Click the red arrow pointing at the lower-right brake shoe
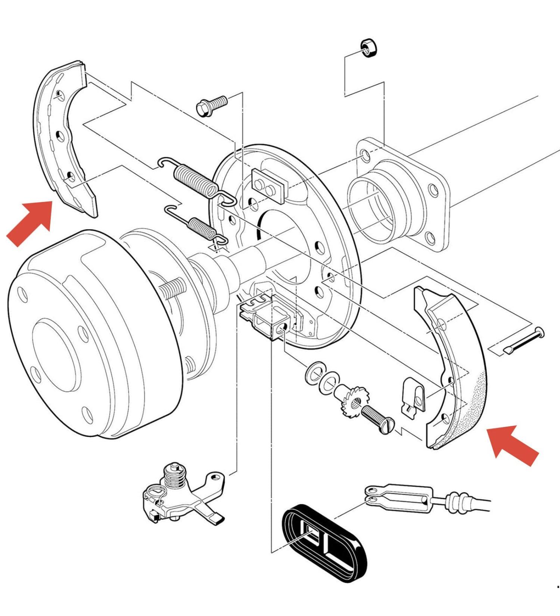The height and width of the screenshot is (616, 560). tap(513, 444)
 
